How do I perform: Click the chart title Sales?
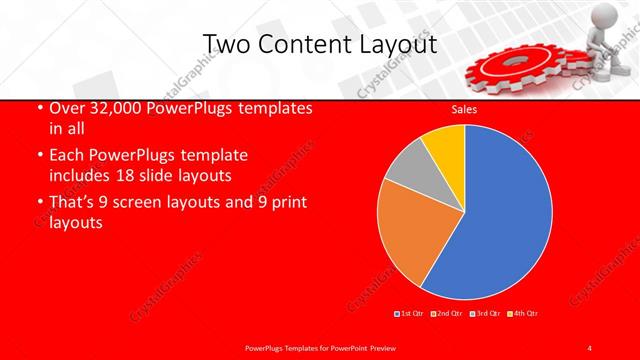pos(464,109)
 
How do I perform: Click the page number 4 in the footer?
pos(591,347)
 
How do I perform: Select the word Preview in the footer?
pos(374,347)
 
